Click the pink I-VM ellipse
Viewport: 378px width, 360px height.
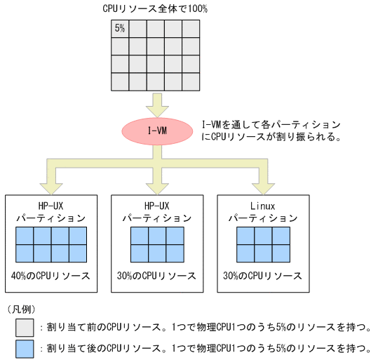[x=157, y=131]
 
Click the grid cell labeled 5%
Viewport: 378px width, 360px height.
[x=120, y=29]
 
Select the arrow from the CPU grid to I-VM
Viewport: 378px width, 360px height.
[x=157, y=103]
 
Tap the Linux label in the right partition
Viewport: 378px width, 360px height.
[x=262, y=206]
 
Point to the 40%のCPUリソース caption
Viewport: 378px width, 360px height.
[x=50, y=275]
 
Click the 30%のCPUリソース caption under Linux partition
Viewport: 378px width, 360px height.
[x=262, y=275]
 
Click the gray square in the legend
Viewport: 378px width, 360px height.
[x=25, y=328]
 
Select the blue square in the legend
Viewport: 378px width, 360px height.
[x=25, y=347]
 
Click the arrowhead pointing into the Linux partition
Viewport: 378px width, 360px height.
[x=262, y=187]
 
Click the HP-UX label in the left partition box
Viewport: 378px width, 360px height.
[x=50, y=206]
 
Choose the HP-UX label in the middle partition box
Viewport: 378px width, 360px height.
[x=157, y=206]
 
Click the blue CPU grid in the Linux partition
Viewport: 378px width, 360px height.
[x=262, y=244]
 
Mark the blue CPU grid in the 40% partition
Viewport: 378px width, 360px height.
[x=51, y=244]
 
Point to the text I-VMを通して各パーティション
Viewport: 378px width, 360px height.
[x=271, y=124]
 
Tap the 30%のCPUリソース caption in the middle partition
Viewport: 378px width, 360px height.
[x=157, y=275]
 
